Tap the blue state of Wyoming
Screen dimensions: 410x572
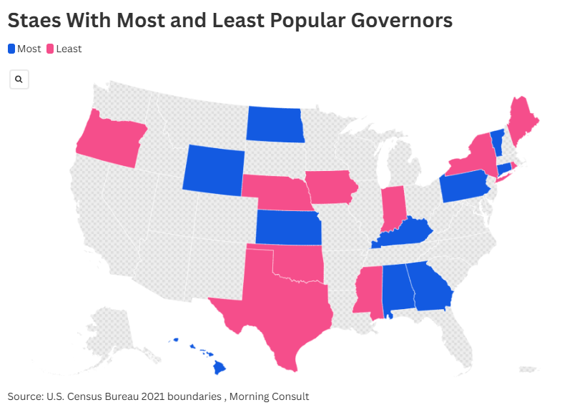click(x=213, y=170)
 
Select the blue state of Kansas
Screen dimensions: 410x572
click(x=287, y=228)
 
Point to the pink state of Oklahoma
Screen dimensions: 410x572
click(x=297, y=264)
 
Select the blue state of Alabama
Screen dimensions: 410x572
click(x=397, y=288)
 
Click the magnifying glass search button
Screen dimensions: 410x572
click(x=19, y=79)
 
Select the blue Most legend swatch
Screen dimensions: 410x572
click(x=11, y=49)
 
